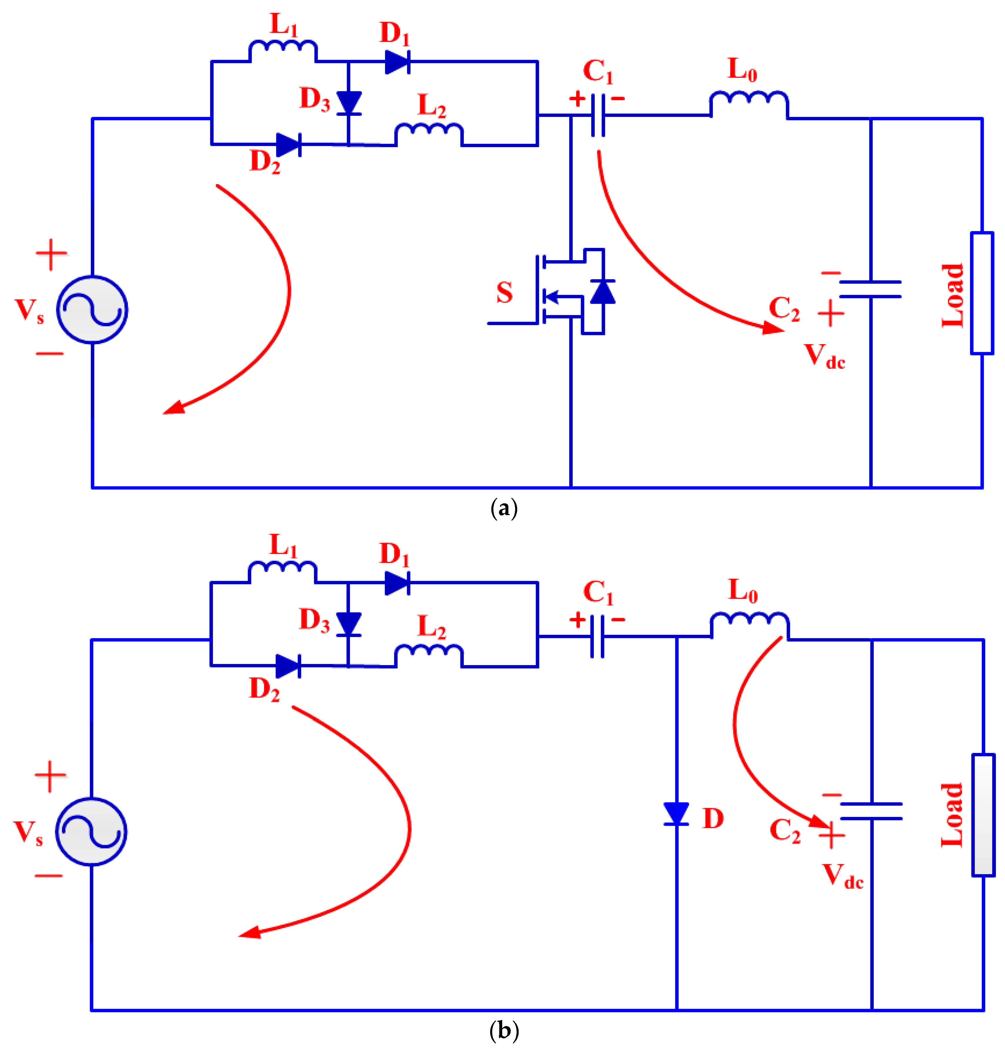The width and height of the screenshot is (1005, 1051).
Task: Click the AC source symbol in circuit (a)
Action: tap(92, 310)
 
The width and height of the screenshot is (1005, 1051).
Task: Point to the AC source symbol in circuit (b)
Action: tap(91, 831)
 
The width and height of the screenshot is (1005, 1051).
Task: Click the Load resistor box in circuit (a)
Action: tap(982, 293)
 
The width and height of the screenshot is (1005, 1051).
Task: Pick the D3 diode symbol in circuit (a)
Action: tap(349, 103)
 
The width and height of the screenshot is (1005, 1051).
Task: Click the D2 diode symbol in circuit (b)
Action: tap(288, 666)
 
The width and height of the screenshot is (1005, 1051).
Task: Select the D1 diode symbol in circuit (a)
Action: tap(397, 62)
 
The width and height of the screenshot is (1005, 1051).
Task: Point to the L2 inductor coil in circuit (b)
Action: tap(428, 655)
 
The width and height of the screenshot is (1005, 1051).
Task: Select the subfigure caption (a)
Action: tap(504, 507)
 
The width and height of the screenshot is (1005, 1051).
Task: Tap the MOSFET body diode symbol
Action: tap(603, 292)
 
